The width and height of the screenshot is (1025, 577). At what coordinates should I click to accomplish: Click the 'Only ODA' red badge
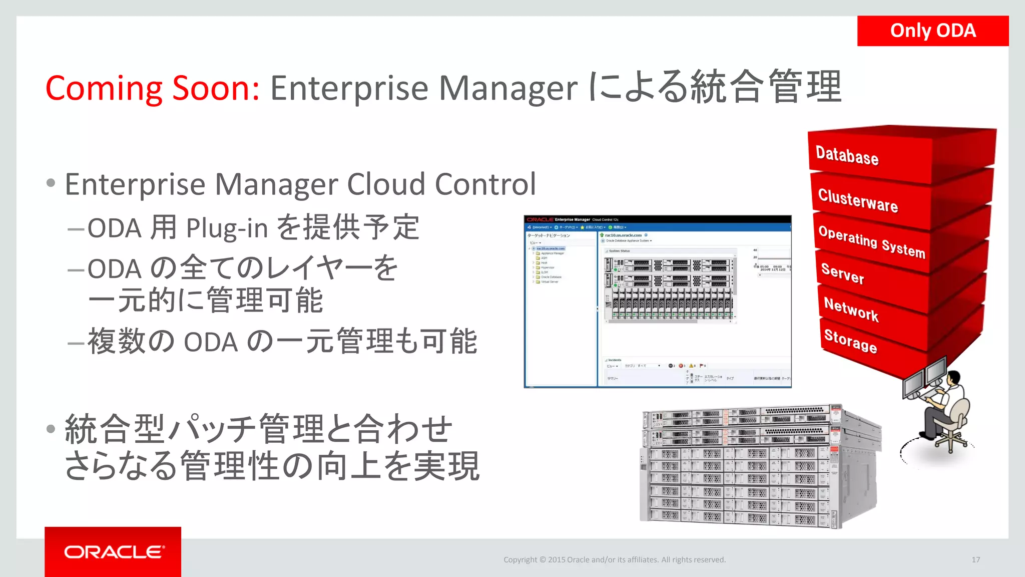point(932,31)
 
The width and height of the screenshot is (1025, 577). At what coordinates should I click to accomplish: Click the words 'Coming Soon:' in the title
point(152,88)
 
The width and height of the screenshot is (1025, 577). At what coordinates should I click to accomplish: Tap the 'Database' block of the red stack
point(847,155)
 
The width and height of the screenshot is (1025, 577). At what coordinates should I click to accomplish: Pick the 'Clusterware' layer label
point(858,200)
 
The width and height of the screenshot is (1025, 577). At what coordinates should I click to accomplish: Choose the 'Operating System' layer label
point(871,241)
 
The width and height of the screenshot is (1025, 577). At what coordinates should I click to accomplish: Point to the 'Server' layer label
point(842,274)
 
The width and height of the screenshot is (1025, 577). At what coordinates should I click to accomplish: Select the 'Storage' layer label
point(850,341)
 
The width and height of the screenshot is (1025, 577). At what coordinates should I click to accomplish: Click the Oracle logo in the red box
point(114,552)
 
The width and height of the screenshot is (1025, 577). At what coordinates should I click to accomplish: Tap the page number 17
point(975,559)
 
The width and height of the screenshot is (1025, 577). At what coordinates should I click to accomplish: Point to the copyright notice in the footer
point(614,559)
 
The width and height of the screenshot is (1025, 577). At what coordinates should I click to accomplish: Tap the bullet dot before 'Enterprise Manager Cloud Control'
point(51,183)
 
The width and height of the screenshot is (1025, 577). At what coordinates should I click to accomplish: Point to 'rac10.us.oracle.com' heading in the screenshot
point(623,235)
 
